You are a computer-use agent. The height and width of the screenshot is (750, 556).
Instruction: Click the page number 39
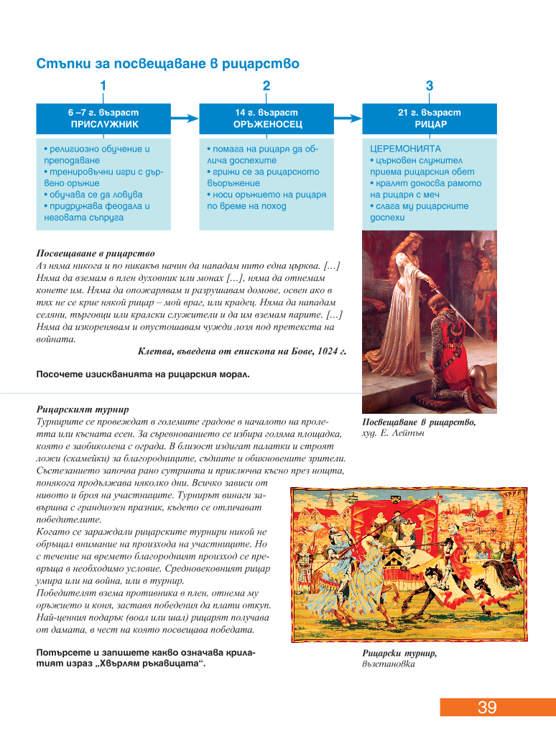point(487,707)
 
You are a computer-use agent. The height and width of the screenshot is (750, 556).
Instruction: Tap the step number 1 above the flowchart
point(103,86)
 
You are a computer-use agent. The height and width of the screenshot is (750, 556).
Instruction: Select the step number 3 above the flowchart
point(429,86)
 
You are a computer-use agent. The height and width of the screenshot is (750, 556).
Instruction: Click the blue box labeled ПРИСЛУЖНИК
point(103,119)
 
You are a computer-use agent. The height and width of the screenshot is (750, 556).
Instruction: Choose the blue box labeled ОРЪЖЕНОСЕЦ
point(266,119)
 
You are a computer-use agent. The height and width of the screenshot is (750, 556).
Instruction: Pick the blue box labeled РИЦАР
point(429,119)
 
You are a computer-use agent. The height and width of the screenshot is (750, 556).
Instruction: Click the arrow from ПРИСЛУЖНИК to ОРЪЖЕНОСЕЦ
point(185,119)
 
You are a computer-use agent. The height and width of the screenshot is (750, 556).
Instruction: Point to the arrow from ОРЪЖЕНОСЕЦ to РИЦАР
point(348,119)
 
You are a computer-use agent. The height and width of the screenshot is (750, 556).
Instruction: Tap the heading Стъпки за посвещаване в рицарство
point(167,64)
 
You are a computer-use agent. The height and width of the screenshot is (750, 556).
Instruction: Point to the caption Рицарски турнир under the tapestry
point(400,653)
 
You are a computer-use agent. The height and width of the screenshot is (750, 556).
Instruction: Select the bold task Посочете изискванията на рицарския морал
point(143,374)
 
